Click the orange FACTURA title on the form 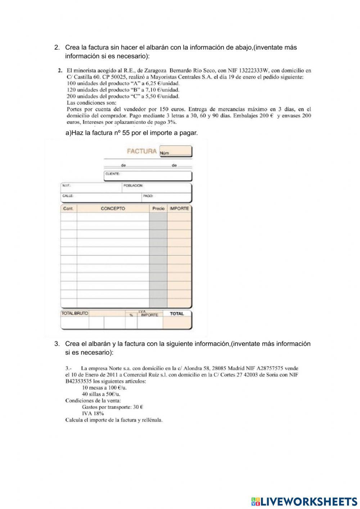pyautogui.click(x=141, y=151)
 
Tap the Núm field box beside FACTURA pyautogui.click(x=175, y=152)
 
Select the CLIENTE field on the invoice pyautogui.click(x=148, y=176)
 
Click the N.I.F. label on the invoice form pyautogui.click(x=66, y=186)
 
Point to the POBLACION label pyautogui.click(x=133, y=186)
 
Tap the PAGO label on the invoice pyautogui.click(x=148, y=196)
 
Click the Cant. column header pyautogui.click(x=68, y=209)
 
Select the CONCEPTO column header pyautogui.click(x=113, y=209)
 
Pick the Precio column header pyautogui.click(x=158, y=209)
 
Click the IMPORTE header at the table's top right pyautogui.click(x=179, y=209)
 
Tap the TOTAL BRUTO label pyautogui.click(x=75, y=313)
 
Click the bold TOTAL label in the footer pyautogui.click(x=177, y=314)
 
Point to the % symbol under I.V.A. pyautogui.click(x=131, y=315)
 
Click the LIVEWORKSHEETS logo pyautogui.click(x=304, y=501)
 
